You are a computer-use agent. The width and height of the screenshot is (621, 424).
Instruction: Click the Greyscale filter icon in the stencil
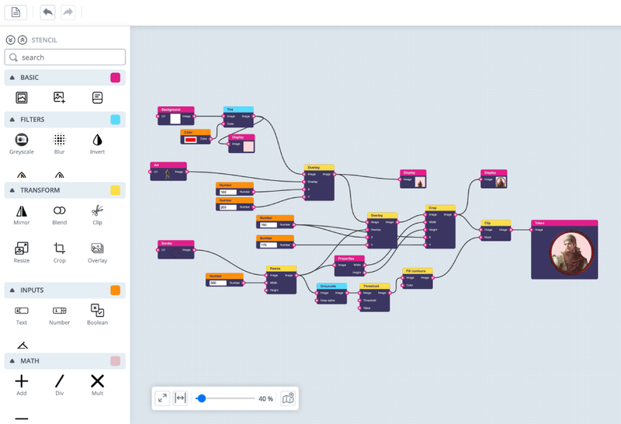click(x=22, y=140)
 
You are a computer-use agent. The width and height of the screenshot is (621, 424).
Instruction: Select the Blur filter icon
click(x=59, y=140)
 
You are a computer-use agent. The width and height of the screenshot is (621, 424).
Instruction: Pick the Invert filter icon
click(x=97, y=140)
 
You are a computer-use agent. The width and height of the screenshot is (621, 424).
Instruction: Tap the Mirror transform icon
click(x=22, y=210)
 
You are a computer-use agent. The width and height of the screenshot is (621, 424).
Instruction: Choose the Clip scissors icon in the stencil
click(x=97, y=210)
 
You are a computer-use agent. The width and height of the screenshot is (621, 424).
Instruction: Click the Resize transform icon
click(x=22, y=248)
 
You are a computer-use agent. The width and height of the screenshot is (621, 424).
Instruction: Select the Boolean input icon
click(x=97, y=310)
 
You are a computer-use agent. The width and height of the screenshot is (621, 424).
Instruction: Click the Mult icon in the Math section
click(x=97, y=381)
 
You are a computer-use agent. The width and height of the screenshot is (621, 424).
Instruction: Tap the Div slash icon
click(x=59, y=381)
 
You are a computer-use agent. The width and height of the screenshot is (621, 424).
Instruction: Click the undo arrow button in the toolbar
click(x=48, y=12)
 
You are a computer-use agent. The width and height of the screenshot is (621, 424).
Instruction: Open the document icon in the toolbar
click(x=16, y=12)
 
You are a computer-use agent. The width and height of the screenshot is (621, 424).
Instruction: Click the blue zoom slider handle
click(x=202, y=398)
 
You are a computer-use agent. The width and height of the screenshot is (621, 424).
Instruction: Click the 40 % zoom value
click(x=265, y=398)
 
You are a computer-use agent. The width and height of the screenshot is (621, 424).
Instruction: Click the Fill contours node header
click(x=418, y=271)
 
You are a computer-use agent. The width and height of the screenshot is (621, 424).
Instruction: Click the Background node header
click(x=175, y=110)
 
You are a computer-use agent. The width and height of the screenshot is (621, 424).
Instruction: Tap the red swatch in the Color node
click(x=190, y=139)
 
